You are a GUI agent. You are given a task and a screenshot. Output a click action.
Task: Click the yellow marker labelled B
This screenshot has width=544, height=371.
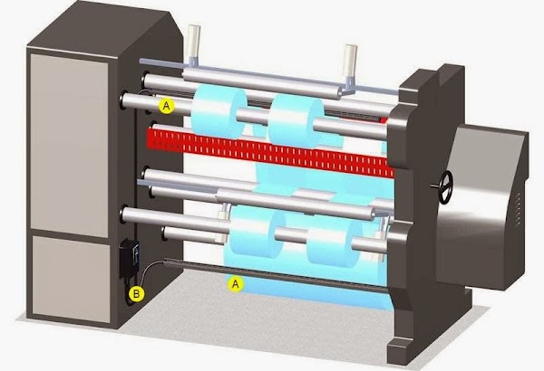click(136, 294)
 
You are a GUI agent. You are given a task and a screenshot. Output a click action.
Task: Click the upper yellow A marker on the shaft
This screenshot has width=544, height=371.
click(167, 106)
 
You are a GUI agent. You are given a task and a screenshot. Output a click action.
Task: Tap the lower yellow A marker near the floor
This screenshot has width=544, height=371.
click(236, 284)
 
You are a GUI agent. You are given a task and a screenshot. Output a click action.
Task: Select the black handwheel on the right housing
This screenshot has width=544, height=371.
click(444, 187)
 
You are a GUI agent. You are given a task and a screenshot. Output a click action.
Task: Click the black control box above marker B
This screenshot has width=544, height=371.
click(129, 259)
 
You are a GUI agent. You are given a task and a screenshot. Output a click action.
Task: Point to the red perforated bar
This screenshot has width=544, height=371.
click(270, 152)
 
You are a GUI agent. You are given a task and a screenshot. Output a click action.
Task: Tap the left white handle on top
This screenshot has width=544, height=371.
click(193, 44)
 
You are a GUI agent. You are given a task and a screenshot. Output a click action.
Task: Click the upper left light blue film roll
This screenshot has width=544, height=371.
click(219, 110)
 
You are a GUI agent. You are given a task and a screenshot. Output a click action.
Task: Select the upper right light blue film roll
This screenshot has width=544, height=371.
click(296, 120)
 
